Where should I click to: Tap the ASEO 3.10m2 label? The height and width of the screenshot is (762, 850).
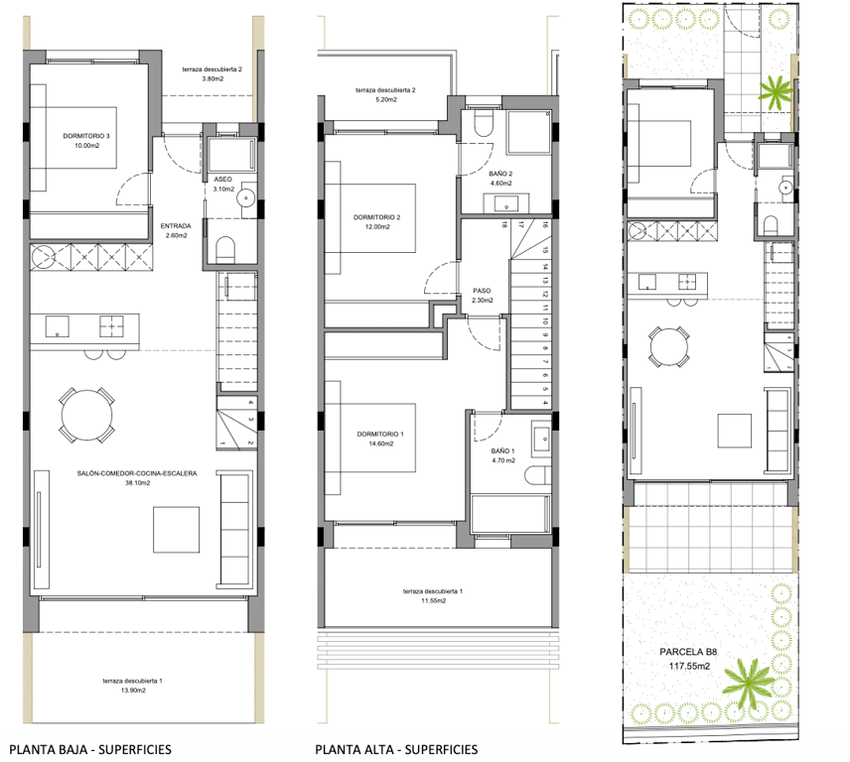(x=223, y=184)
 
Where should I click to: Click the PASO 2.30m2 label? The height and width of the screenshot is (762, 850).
(x=483, y=296)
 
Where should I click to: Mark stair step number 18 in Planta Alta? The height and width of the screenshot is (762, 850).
(x=503, y=225)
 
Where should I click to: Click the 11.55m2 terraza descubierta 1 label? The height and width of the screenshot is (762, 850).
(x=431, y=595)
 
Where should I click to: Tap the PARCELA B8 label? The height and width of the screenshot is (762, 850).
(x=688, y=660)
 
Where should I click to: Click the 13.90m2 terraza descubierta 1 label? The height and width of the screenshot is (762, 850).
(x=132, y=686)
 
